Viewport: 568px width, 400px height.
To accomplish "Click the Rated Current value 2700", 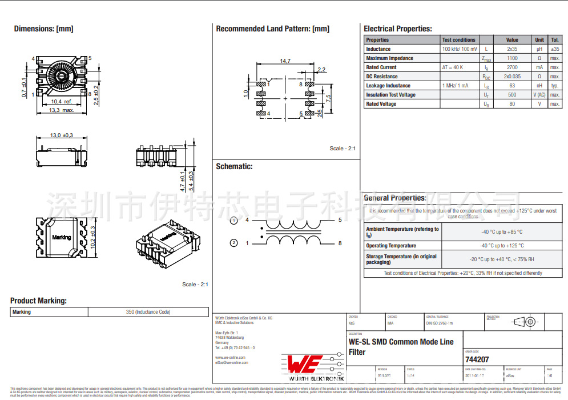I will (x=512, y=67).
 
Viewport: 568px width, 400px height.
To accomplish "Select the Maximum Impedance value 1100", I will (x=512, y=58).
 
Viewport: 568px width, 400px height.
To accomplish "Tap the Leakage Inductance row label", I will (x=388, y=86).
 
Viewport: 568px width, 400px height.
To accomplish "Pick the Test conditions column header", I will (x=458, y=40).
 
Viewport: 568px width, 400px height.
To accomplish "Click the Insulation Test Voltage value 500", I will (x=512, y=95).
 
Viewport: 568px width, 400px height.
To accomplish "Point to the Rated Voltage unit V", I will (x=539, y=104).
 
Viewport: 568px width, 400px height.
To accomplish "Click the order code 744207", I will (x=477, y=359).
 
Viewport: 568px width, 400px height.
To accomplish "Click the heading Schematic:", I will (x=234, y=166).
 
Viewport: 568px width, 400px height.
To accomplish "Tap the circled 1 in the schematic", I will (x=233, y=221).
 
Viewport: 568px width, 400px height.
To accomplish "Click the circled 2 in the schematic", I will (x=233, y=243).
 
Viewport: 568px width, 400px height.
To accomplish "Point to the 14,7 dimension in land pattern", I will (x=285, y=61).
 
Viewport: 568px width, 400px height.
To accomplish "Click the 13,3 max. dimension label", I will (x=61, y=110).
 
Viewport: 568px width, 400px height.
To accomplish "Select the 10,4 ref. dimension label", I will (x=62, y=102).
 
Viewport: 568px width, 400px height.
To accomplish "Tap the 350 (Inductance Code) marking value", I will (x=148, y=312).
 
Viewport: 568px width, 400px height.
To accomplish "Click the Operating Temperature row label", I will (x=391, y=246).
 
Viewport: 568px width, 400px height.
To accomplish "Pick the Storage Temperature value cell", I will (x=501, y=259).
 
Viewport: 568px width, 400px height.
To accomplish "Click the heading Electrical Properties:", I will (x=398, y=29).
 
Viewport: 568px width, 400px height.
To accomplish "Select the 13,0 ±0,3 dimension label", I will (x=62, y=135).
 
